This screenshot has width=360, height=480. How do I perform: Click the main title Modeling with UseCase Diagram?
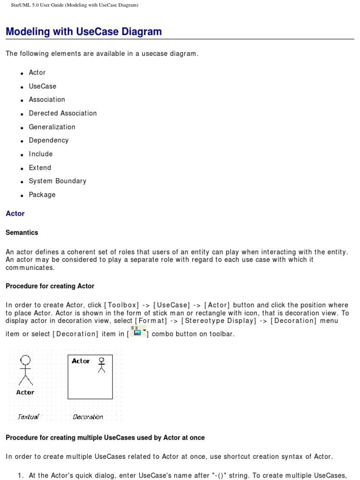pos(83,32)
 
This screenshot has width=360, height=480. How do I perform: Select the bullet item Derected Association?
pos(62,113)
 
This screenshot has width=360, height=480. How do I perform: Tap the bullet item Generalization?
pos(52,127)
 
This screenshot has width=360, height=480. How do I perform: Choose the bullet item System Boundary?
pos(57,181)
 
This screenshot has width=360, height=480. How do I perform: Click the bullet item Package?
pos(42,195)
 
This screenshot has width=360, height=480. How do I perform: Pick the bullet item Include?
pos(41,154)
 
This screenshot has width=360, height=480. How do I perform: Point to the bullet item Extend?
pos(40,168)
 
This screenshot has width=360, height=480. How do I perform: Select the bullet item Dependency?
pos(48,141)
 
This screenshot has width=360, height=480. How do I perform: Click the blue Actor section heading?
pos(15,214)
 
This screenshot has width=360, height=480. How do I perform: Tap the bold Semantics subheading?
pos(22,232)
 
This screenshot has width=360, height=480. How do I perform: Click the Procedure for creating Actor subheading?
pos(50,286)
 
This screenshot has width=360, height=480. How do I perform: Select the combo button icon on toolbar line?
pos(138,331)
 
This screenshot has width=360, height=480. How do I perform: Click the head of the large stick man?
pos(25,360)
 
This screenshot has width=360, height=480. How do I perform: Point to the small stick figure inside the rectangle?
pos(101,365)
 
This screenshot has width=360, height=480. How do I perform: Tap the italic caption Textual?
pos(28,417)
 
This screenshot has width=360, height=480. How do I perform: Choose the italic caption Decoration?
pos(88,417)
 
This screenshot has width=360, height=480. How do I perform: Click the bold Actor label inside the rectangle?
pos(81,361)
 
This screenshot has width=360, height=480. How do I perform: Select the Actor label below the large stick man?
pos(25,392)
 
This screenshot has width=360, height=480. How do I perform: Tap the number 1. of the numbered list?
pos(21,475)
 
